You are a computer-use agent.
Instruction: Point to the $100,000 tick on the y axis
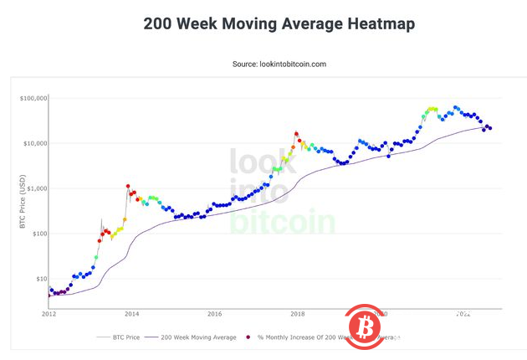(x=32, y=99)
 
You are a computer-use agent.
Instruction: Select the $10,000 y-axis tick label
(x=33, y=143)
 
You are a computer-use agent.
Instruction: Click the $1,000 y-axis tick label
(x=35, y=188)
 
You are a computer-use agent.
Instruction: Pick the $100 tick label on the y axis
(x=38, y=234)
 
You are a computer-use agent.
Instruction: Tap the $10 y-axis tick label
(x=39, y=279)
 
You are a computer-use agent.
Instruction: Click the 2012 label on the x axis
(x=49, y=315)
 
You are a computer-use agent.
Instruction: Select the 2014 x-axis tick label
(x=131, y=315)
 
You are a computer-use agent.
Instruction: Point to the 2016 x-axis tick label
(x=214, y=315)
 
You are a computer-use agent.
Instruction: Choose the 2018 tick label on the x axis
(x=297, y=315)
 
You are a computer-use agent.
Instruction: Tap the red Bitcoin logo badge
(x=362, y=324)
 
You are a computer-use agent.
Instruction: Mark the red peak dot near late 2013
(x=128, y=187)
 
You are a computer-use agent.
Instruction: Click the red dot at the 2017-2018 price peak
(x=296, y=133)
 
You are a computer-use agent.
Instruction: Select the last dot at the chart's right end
(x=489, y=128)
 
